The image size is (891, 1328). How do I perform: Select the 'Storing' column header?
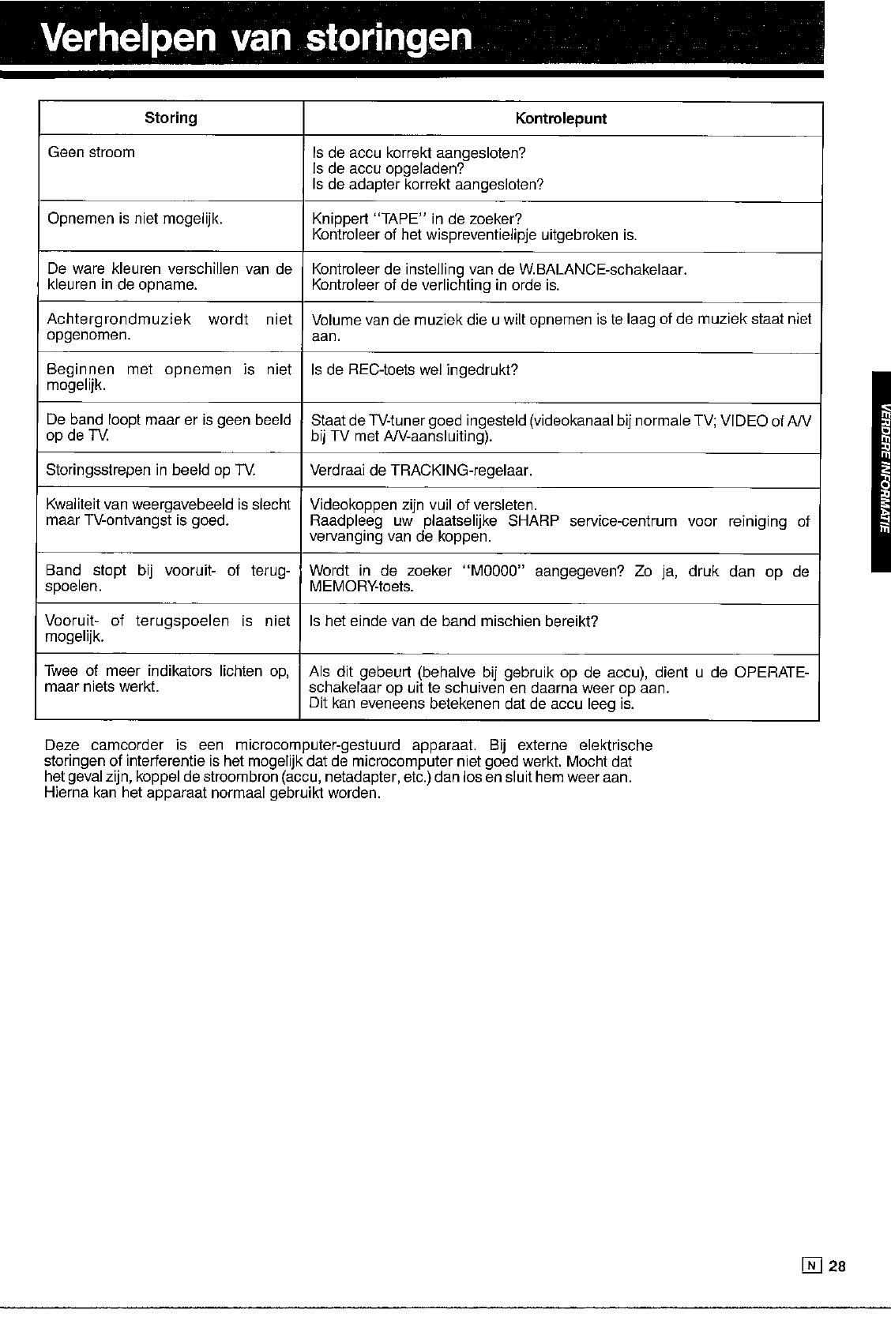(171, 118)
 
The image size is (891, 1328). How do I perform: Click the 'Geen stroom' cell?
(92, 152)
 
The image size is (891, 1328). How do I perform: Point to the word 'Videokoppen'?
(348, 505)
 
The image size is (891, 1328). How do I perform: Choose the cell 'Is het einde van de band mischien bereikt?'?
(455, 621)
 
